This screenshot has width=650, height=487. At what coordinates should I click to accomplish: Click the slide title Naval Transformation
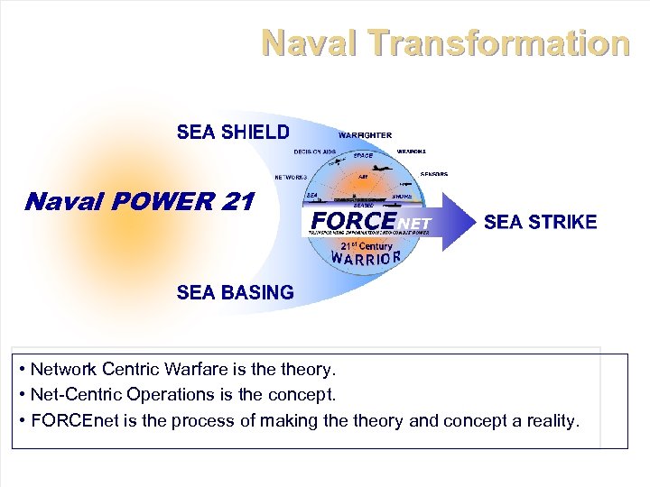445,42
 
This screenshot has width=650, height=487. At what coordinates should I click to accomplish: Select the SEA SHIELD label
233,133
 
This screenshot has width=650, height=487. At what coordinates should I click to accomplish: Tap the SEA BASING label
235,292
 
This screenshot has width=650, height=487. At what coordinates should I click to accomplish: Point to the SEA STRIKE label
540,222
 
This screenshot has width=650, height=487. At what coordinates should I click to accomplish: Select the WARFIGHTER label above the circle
365,135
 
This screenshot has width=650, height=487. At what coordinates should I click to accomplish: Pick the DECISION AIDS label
315,152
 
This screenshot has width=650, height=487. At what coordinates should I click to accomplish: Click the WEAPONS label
412,152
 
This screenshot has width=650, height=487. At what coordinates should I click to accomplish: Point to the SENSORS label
433,174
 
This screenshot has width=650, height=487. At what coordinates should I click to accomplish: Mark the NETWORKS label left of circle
291,177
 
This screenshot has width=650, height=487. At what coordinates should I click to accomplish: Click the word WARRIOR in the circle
365,258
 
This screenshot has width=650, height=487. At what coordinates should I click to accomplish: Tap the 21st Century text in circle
366,245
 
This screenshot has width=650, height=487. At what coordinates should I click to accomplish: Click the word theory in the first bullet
307,369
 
